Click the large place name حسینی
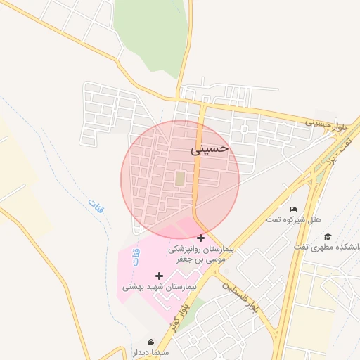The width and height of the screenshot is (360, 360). pyautogui.click(x=210, y=149)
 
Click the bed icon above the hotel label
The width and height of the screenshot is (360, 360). pyautogui.click(x=293, y=209)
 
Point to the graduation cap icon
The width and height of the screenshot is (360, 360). pyautogui.click(x=328, y=236)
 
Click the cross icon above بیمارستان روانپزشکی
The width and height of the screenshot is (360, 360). pyautogui.click(x=201, y=238)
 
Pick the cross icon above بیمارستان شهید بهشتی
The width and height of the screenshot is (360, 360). pyautogui.click(x=160, y=276)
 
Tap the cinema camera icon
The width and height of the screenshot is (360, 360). pyautogui.click(x=150, y=342)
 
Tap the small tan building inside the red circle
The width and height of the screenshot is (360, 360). pyautogui.click(x=180, y=179)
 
